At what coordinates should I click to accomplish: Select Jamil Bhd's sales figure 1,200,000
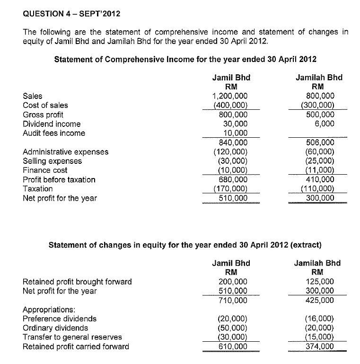(230, 96)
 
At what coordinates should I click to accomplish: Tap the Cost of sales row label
(45, 105)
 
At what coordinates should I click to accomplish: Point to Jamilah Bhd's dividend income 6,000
(324, 124)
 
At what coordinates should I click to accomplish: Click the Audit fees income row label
(54, 133)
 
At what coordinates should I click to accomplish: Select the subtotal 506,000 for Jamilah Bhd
(321, 142)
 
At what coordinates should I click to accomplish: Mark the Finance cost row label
(45, 170)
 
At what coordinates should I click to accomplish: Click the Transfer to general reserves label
(72, 337)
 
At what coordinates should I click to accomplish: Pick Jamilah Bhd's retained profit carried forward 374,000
(320, 346)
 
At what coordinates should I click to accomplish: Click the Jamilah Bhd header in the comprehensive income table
(319, 78)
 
